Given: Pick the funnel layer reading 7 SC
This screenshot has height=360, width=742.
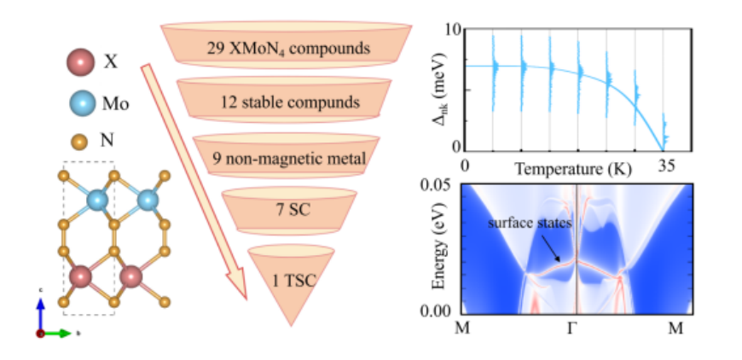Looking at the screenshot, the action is click(x=289, y=210).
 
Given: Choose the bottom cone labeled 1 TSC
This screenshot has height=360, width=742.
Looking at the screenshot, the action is click(x=291, y=284).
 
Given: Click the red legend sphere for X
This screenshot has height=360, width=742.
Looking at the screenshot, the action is click(x=79, y=62).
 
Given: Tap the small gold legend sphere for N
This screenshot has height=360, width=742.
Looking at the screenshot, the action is click(x=80, y=141).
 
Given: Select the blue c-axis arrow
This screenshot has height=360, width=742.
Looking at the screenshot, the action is click(x=41, y=315).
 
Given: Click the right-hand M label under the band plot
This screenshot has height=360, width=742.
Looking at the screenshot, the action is click(x=675, y=328).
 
